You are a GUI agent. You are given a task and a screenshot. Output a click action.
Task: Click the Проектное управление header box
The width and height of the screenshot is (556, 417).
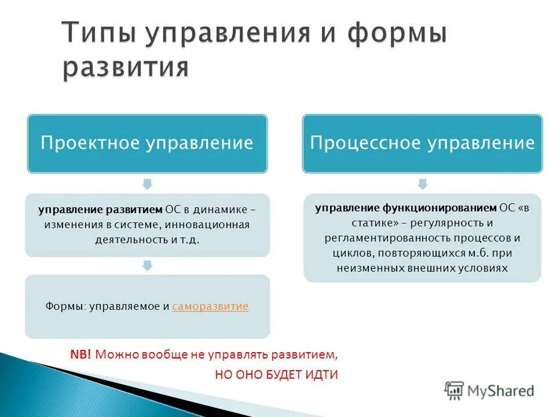[147, 143]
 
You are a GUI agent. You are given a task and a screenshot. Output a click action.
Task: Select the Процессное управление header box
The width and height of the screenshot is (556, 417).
[422, 143]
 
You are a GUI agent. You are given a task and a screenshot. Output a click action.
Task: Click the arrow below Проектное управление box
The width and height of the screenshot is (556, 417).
[147, 184]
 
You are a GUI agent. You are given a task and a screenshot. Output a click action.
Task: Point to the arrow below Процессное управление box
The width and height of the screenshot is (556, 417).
[422, 184]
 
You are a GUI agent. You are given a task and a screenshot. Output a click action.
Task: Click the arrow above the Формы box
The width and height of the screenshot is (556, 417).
[147, 265]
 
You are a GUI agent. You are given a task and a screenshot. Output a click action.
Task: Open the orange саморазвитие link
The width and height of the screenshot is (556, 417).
[210, 306]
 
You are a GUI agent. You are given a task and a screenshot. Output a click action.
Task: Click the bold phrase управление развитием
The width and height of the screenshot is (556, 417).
[101, 209]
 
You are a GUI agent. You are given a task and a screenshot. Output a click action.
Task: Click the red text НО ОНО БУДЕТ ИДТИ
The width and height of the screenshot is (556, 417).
[276, 375]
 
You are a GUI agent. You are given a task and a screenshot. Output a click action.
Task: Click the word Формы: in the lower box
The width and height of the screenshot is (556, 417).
[65, 306]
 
